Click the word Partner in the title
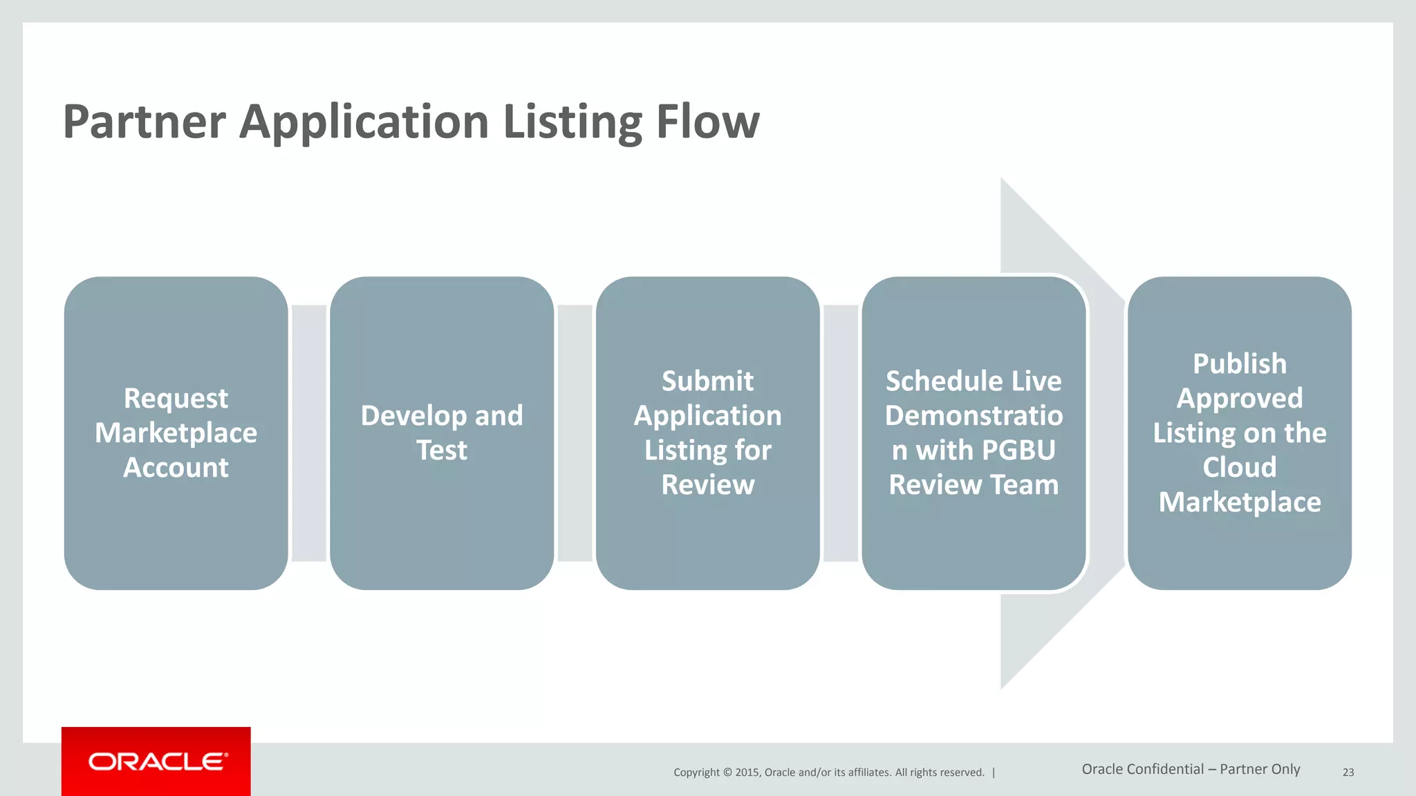(x=144, y=122)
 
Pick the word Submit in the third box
(x=707, y=381)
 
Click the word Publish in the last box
(x=1240, y=364)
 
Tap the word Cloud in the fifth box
(x=1240, y=468)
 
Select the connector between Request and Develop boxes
(x=309, y=433)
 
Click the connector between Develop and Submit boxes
(x=575, y=433)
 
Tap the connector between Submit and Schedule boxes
(x=841, y=433)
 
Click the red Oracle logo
(x=156, y=761)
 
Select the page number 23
(x=1348, y=773)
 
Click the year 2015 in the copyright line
(x=747, y=773)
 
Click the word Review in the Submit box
(x=707, y=485)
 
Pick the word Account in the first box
(x=176, y=468)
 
